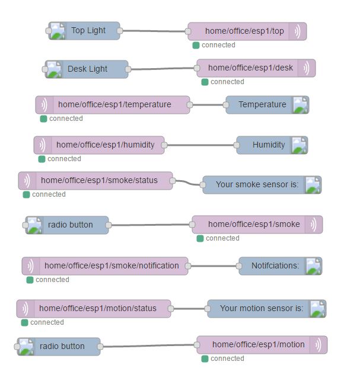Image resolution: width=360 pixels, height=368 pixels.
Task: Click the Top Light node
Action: point(88,31)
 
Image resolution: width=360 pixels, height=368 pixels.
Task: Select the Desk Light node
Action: point(87,69)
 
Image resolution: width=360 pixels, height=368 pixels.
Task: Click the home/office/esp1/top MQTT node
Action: point(244,31)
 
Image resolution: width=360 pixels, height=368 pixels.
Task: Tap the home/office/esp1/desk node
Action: point(250,68)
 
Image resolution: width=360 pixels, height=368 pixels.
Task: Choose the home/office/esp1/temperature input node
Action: point(114,105)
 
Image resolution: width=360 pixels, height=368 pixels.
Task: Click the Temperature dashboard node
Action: point(262,105)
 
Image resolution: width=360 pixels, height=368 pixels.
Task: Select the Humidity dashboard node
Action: point(269,145)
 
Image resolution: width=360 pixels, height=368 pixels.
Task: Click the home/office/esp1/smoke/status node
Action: point(98,180)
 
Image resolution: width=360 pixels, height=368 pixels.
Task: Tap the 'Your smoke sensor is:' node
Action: point(257,185)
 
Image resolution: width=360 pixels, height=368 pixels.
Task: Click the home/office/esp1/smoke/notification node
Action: point(111,266)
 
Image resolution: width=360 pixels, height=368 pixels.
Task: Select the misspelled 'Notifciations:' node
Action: point(275,266)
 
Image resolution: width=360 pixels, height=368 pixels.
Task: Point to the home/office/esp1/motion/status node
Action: point(97,308)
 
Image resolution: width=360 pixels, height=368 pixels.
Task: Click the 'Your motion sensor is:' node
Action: point(262,309)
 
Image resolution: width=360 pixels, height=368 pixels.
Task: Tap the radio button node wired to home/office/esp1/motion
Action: point(62,347)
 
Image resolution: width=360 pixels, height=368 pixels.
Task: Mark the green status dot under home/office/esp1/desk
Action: point(205,82)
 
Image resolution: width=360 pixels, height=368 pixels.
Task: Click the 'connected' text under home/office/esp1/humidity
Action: point(64,159)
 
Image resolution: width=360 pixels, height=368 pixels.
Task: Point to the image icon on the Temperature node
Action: point(300,105)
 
